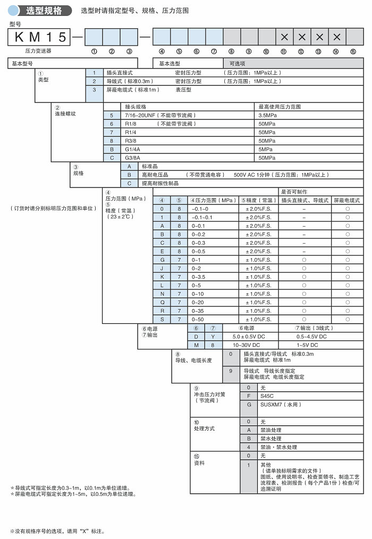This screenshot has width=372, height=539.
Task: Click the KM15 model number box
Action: coord(40,37)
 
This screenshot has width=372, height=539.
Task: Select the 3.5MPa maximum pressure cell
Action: coord(267,115)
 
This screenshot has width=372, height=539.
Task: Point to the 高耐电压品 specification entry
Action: coord(155,175)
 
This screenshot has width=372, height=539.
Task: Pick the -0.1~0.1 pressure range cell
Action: coord(202,217)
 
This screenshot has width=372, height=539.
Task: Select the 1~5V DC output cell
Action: coord(311,345)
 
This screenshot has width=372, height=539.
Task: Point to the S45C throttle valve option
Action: coord(267,396)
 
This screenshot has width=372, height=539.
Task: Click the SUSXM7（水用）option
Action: coord(281,405)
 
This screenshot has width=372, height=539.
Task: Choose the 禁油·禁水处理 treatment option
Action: coord(278,447)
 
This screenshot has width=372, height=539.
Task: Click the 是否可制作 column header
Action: coord(294,192)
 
